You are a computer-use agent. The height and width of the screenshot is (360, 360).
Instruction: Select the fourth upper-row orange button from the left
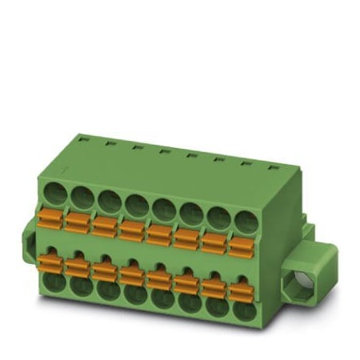pos(131,230)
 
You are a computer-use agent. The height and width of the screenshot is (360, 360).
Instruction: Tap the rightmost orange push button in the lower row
pos(238,290)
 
